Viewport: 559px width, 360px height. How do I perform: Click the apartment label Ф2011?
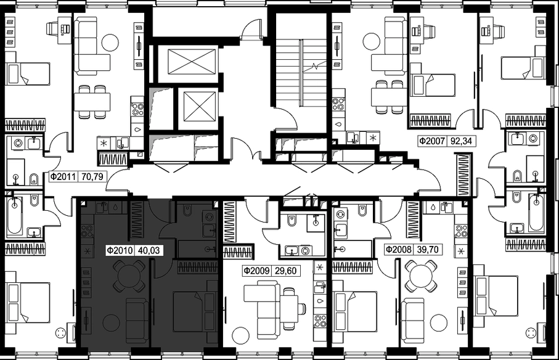pos(63,176)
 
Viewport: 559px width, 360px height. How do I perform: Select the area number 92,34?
pos(461,141)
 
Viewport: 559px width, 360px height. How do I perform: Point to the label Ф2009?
pos(256,271)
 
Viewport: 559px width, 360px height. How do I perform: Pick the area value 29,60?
pos(286,271)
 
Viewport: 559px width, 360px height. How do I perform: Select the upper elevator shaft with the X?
pos(192,62)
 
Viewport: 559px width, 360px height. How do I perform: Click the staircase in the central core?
pos(302,72)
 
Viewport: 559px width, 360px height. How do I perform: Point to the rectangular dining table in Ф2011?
pos(92,102)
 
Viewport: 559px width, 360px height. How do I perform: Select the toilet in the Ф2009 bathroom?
pos(292,221)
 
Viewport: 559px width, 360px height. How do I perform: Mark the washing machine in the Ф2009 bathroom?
pos(305,250)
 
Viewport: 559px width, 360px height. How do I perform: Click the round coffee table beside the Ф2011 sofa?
pos(110,43)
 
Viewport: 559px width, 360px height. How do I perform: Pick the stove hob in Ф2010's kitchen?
pos(88,231)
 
